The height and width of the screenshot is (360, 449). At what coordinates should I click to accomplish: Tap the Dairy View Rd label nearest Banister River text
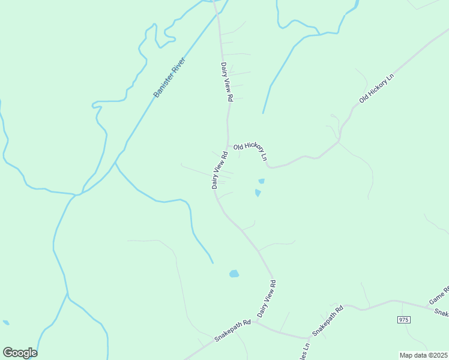pos(226,82)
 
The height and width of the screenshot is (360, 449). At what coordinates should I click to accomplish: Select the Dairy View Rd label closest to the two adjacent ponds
pos(220,170)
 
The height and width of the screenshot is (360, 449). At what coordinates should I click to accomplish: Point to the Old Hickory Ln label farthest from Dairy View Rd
pos(376,88)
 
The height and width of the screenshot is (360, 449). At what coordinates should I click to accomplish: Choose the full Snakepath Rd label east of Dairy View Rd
pos(327,322)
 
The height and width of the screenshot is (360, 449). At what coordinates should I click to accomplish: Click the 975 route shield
pos(403,320)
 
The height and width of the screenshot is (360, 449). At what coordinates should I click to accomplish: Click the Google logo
pos(20,353)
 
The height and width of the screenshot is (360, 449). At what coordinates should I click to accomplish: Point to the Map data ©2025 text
pos(423,355)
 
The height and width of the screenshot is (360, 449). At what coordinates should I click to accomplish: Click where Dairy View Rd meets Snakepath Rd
pos(255,322)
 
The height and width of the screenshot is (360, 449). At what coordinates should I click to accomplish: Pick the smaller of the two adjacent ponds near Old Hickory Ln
pos(261,181)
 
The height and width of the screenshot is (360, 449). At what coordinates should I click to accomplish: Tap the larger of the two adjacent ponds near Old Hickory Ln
pos(258,193)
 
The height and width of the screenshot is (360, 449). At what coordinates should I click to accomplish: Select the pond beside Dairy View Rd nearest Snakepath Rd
pos(234,274)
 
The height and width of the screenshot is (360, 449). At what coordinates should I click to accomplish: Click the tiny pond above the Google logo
pos(6,322)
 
